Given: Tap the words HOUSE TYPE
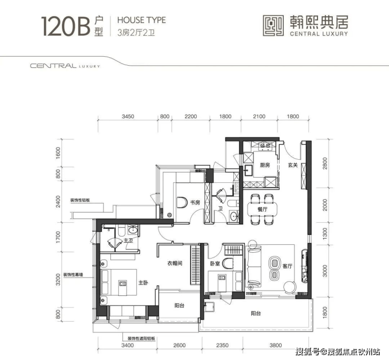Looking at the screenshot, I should [x=141, y=20].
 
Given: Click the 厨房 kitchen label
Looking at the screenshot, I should [x=264, y=165].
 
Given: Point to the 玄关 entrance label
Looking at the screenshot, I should [x=293, y=165].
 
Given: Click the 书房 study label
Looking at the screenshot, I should [x=194, y=202].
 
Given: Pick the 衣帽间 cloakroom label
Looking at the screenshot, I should [x=175, y=263].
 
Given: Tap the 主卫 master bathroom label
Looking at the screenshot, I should [x=127, y=241].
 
